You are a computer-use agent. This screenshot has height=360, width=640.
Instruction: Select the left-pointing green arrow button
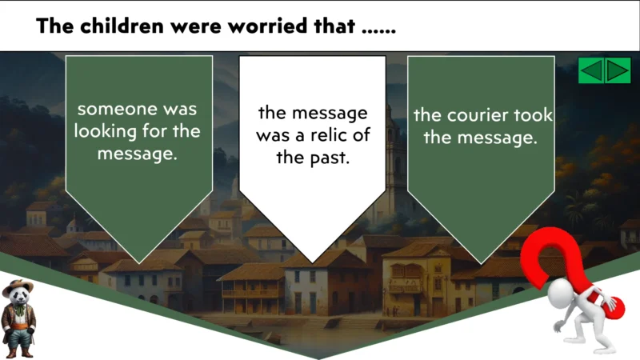(x=591, y=70)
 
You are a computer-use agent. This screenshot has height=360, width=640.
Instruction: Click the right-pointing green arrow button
(x=618, y=70)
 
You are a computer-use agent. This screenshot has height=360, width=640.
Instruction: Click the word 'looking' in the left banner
(x=106, y=131)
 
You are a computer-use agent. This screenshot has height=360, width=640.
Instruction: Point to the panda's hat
(x=18, y=286)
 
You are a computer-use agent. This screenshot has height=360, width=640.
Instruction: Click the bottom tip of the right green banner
(x=481, y=262)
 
